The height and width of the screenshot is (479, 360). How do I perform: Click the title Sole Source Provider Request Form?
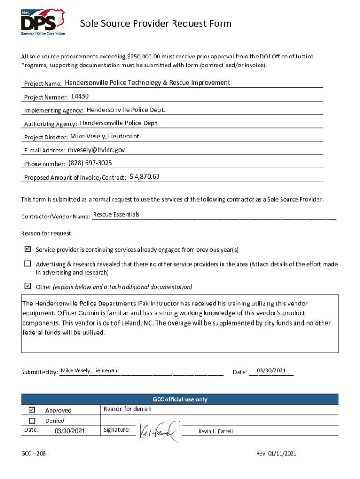[x=156, y=24]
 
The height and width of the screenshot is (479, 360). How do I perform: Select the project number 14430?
[x=79, y=96]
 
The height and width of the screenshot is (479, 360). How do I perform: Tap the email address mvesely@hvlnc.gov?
[x=96, y=150]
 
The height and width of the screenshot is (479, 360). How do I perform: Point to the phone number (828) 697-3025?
[x=90, y=163]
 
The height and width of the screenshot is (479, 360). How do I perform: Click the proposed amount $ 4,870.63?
[x=144, y=177]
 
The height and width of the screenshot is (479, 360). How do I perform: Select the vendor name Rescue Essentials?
[x=116, y=215]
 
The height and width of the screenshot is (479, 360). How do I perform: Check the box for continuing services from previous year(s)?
[x=28, y=249]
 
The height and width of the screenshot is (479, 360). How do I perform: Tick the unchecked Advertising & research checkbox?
[x=28, y=263]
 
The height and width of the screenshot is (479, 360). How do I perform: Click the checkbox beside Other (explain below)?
[x=28, y=286]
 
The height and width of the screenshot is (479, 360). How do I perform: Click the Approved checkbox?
[x=32, y=410]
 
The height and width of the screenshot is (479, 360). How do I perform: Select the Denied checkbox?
[x=32, y=420]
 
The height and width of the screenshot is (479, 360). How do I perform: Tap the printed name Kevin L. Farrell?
[x=216, y=431]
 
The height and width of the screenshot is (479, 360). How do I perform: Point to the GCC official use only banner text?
[x=180, y=399]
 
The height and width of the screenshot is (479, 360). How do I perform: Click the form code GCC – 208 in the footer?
[x=33, y=454]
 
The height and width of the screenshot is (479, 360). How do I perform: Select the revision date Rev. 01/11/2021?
[x=276, y=454]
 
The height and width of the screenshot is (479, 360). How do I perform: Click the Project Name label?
[x=43, y=84]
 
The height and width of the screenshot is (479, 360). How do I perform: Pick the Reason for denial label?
[x=127, y=409]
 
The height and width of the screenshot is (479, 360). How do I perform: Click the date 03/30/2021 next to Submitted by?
[x=271, y=371]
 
